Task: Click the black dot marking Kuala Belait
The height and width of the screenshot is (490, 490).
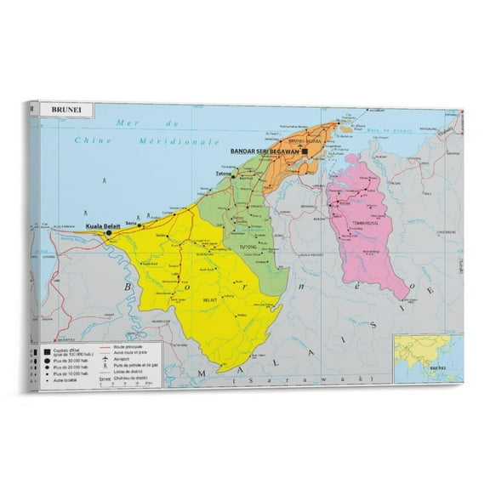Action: [109, 231]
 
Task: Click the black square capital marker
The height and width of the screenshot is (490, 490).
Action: [305, 151]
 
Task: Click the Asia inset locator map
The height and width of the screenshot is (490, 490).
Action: [427, 356]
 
